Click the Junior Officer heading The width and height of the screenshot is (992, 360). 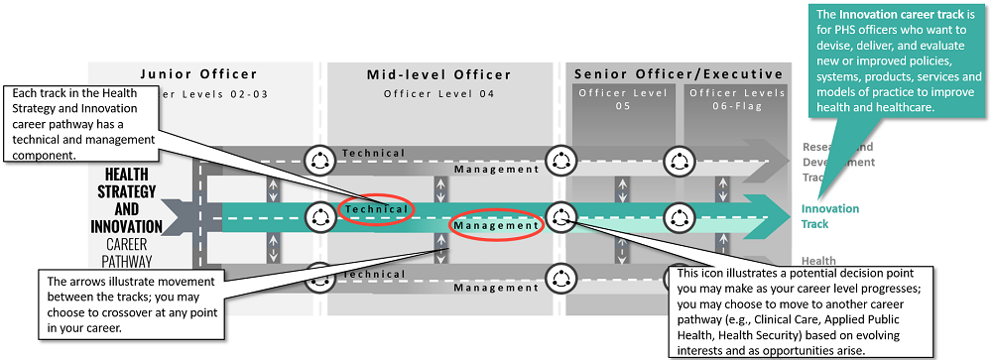pos(198,74)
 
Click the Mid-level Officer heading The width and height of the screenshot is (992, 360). pos(438,74)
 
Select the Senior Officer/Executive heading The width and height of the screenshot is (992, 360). pos(679,74)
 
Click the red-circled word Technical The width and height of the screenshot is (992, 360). pos(376,209)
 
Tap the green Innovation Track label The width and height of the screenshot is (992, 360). pos(830,216)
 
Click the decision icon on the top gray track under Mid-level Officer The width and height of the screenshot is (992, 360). pos(320,160)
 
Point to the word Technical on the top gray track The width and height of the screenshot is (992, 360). pos(373,153)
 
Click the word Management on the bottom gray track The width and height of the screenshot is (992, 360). pos(497,288)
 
